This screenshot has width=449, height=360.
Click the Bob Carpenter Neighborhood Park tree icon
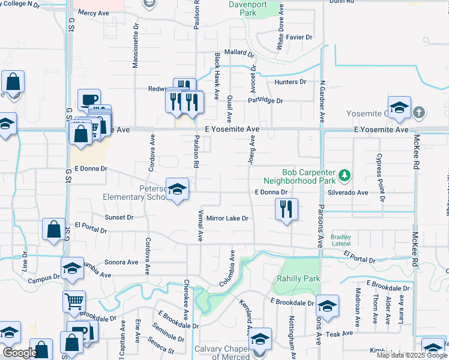tap(345, 175)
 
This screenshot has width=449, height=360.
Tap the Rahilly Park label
tap(298, 278)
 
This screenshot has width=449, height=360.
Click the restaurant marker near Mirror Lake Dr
tap(286, 209)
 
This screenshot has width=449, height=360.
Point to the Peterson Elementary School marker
tap(177, 190)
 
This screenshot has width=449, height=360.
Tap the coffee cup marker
tap(89, 100)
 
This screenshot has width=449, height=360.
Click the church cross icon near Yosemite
tap(419, 112)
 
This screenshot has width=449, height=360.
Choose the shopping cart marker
tap(74, 302)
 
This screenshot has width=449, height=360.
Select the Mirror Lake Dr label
tap(228, 218)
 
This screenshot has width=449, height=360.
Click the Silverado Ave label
tap(349, 193)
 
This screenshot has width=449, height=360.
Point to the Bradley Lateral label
tap(341, 241)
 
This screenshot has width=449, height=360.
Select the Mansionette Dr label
tap(136, 48)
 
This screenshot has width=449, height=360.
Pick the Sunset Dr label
tap(119, 217)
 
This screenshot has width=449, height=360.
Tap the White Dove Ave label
tap(280, 33)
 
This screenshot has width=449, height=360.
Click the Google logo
tap(19, 353)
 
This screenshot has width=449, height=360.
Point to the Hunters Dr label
tap(290, 82)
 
